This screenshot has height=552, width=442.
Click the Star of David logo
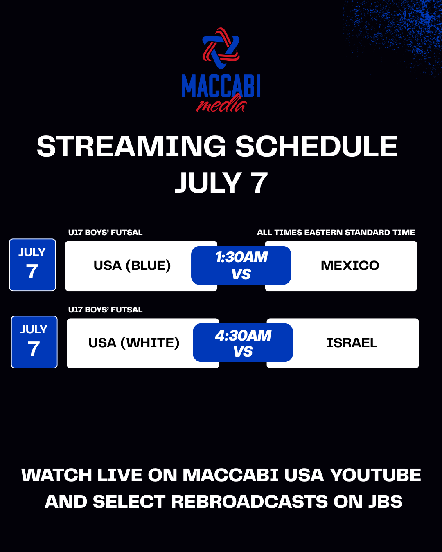click(221, 48)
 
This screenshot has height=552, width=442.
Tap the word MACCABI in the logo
click(221, 86)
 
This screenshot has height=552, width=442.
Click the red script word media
click(221, 104)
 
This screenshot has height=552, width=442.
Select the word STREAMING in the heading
click(131, 146)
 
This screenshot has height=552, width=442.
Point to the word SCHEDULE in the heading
click(316, 146)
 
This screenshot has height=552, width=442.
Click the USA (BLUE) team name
click(132, 265)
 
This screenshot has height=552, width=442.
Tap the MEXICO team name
click(350, 265)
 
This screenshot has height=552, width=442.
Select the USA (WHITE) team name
click(134, 343)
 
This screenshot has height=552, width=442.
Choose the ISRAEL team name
click(352, 343)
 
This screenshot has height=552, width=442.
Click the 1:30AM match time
click(241, 257)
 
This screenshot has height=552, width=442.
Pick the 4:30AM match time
click(243, 335)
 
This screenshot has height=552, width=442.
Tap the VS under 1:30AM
click(241, 274)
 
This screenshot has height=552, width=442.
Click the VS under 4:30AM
click(243, 351)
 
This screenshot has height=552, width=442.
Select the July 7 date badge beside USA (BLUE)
click(32, 265)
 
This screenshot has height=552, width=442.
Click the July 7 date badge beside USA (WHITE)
click(34, 342)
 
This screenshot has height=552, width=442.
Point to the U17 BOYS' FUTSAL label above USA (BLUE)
click(105, 232)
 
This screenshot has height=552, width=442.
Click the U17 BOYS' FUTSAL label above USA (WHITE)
click(105, 310)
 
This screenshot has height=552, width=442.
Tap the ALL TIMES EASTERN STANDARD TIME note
click(336, 232)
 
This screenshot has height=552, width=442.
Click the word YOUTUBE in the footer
click(375, 475)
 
